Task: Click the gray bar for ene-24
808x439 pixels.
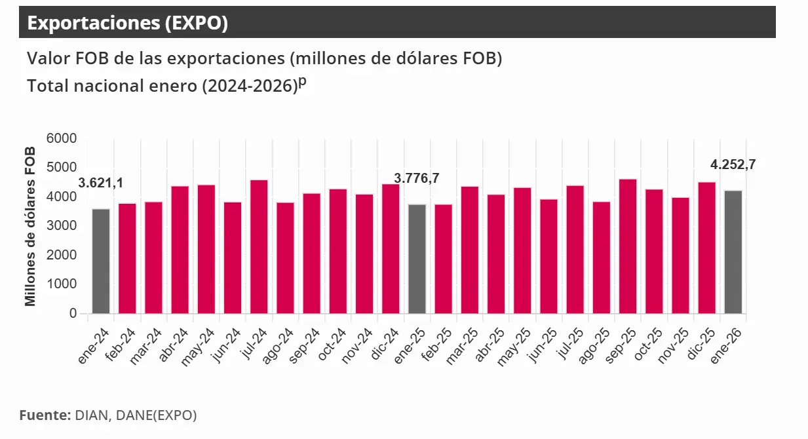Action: coord(100,261)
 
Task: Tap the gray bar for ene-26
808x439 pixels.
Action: coord(733,252)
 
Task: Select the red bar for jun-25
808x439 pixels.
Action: coord(548,256)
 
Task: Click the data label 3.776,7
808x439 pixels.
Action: coord(416,178)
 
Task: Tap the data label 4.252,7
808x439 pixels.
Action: coord(733,164)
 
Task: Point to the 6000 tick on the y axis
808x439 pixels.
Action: coord(62,139)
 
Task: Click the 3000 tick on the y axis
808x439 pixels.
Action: coord(62,226)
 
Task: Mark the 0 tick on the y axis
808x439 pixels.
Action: coord(73,313)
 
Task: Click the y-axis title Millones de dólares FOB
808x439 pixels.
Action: coord(30,227)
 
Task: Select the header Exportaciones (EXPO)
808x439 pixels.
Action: coord(128,23)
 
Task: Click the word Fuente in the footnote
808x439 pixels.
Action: coord(43,415)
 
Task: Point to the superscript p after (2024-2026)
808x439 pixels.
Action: coord(302,81)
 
